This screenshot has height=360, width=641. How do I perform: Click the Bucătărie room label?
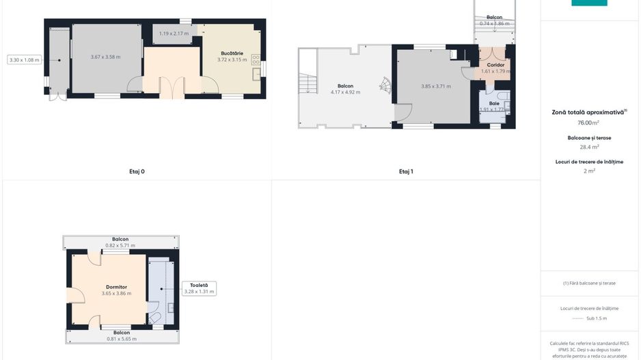pyautogui.click(x=232, y=53)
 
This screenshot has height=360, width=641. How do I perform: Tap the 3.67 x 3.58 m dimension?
pyautogui.click(x=105, y=57)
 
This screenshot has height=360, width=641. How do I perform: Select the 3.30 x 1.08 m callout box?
pyautogui.click(x=24, y=60)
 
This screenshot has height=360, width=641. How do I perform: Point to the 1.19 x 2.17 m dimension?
pyautogui.click(x=174, y=33)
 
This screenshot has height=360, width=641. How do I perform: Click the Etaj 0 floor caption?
pyautogui.click(x=137, y=171)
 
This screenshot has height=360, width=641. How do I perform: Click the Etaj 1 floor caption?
pyautogui.click(x=406, y=171)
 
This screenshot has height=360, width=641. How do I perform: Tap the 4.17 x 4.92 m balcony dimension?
pyautogui.click(x=345, y=92)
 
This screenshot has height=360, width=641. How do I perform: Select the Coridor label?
pyautogui.click(x=495, y=65)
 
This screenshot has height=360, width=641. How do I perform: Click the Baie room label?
pyautogui.click(x=493, y=103)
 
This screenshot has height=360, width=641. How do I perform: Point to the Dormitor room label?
pyautogui.click(x=116, y=287)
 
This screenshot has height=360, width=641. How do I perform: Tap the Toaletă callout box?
pyautogui.click(x=199, y=288)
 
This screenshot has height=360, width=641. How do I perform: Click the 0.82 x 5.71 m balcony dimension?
pyautogui.click(x=120, y=245)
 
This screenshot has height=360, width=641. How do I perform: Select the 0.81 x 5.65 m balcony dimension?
pyautogui.click(x=122, y=339)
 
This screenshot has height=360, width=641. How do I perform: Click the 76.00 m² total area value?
pyautogui.click(x=588, y=123)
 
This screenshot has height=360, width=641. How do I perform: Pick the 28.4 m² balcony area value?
pyautogui.click(x=588, y=146)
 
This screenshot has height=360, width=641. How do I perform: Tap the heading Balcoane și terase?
pyautogui.click(x=589, y=137)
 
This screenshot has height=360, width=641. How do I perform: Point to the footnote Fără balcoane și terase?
pyautogui.click(x=589, y=283)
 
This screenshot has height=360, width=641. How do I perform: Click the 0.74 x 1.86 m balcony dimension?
pyautogui.click(x=495, y=24)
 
